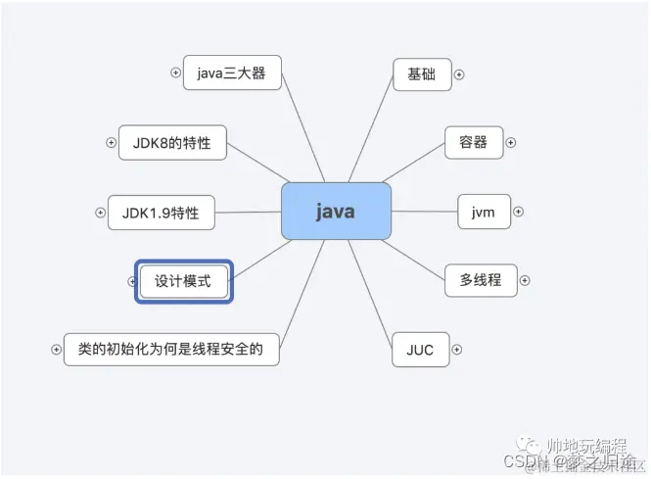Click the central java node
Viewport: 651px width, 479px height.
pos(336,211)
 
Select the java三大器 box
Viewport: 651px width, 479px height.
pos(231,72)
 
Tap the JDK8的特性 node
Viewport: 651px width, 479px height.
pos(171,142)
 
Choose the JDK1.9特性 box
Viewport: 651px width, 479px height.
pos(160,212)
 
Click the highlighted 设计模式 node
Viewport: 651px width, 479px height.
pos(183,281)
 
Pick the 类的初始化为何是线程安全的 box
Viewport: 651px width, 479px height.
pos(170,348)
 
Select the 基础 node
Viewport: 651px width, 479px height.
pos(422,73)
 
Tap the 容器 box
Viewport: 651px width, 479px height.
pos(473,142)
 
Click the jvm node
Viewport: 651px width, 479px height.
pos(484,212)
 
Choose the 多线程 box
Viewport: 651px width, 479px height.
pos(480,280)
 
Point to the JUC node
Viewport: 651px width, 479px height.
pos(419,348)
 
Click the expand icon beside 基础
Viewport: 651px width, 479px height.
pos(459,74)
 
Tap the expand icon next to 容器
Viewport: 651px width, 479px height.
pos(510,143)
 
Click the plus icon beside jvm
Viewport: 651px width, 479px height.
pos(519,212)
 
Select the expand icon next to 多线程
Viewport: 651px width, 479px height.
pos(525,281)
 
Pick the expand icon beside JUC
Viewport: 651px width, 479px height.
pos(456,349)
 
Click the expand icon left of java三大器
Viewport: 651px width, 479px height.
pos(175,72)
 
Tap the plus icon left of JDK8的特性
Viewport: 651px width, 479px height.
pos(111,143)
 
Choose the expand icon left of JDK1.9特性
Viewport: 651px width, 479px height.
pos(100,212)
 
